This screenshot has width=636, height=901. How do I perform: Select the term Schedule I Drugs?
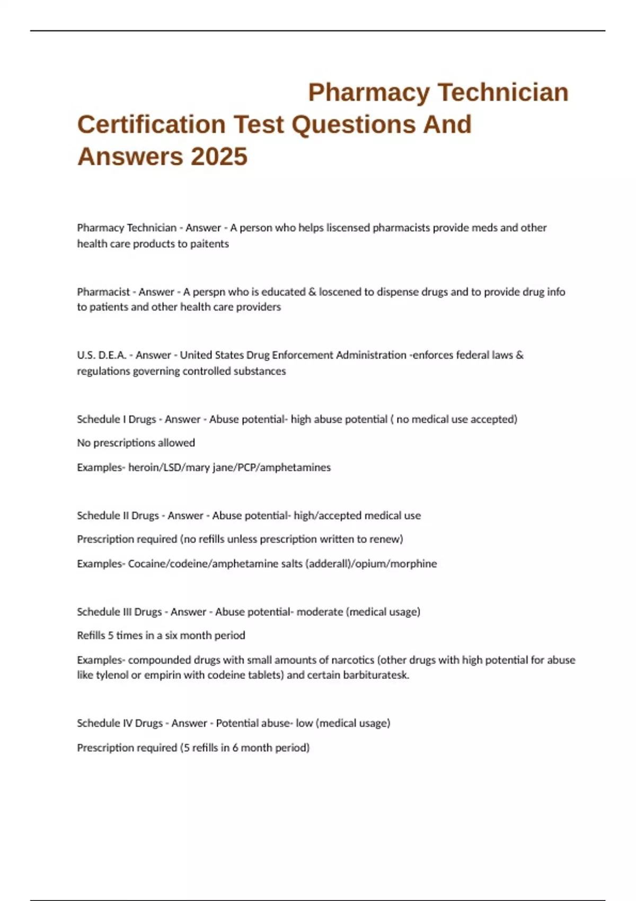coord(117,419)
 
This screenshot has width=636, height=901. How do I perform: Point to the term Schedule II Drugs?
coord(118,516)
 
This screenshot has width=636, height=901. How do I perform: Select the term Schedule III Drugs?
coord(119,612)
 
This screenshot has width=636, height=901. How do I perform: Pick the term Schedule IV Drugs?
coord(120,723)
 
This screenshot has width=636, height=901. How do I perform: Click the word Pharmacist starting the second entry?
coord(103,292)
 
